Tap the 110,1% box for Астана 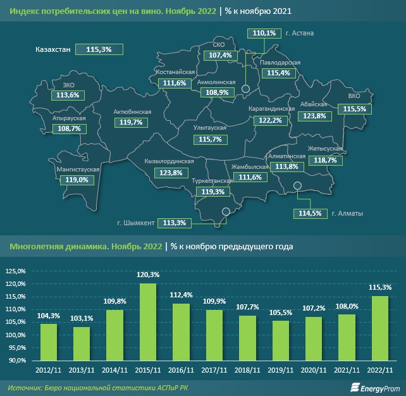(x=263, y=34)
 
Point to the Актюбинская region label (x=132, y=112)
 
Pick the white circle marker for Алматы (x=298, y=185)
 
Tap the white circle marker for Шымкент (x=225, y=213)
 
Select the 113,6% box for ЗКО (x=68, y=95)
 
